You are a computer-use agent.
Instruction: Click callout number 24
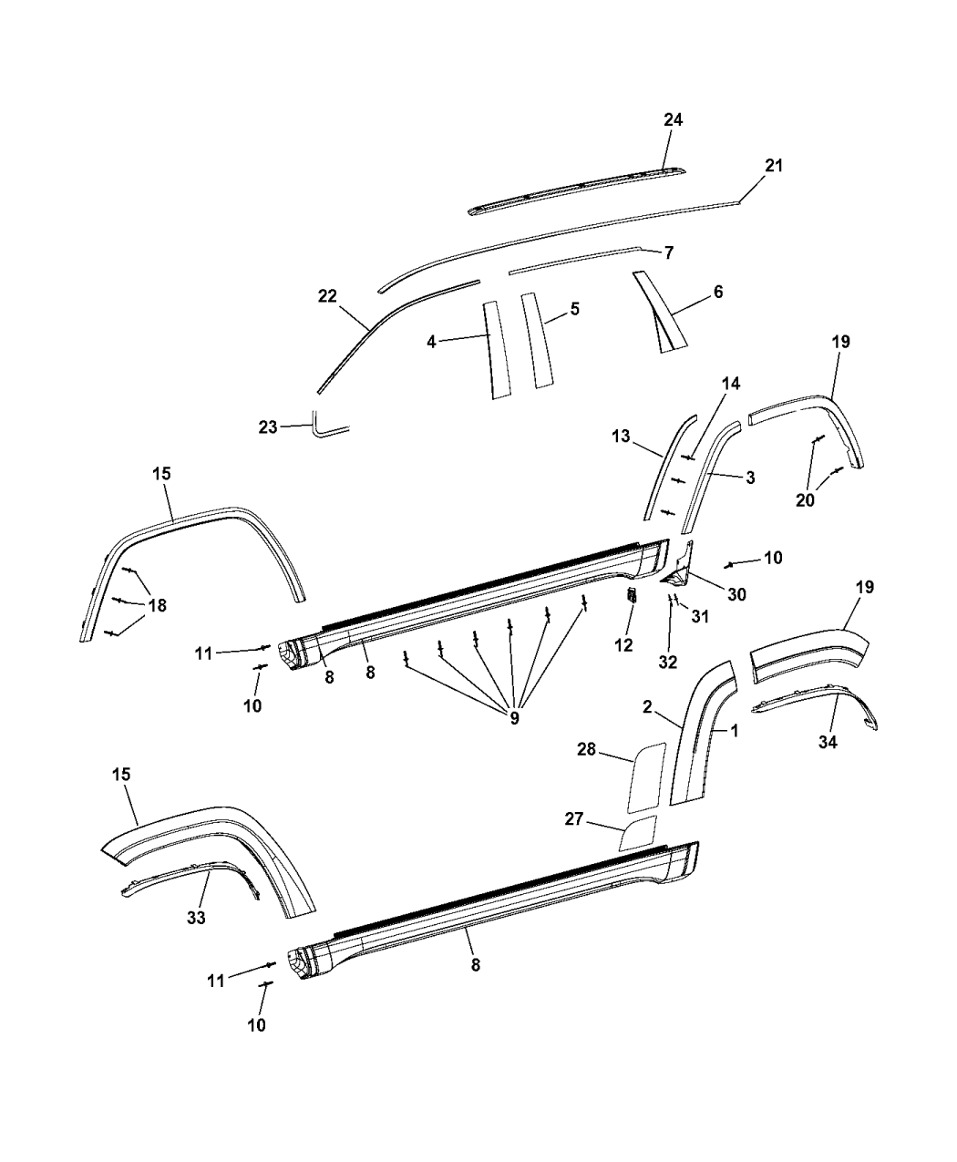click(674, 120)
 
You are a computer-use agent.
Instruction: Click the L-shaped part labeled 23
click(324, 427)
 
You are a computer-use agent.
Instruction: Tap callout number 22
click(327, 295)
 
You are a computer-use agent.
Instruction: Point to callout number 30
click(736, 593)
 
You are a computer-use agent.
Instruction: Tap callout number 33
click(197, 918)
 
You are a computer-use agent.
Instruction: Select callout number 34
click(827, 743)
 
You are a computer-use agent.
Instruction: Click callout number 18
click(158, 604)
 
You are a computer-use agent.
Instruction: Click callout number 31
click(699, 616)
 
